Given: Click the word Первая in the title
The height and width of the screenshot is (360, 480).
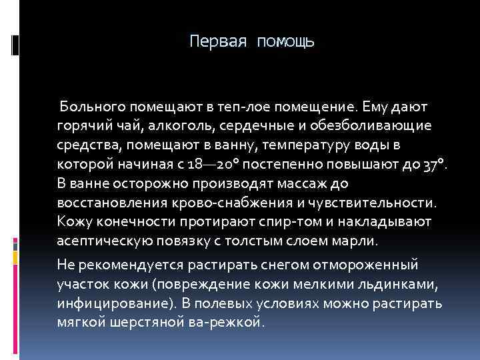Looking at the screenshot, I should [x=217, y=41].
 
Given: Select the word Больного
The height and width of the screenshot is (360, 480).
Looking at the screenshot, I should [x=93, y=107].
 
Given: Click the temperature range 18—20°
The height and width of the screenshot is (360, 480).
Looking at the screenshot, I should [x=208, y=164].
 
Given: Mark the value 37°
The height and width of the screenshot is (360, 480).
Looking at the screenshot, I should [x=434, y=164].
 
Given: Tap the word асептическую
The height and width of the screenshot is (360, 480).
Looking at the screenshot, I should [x=101, y=240].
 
